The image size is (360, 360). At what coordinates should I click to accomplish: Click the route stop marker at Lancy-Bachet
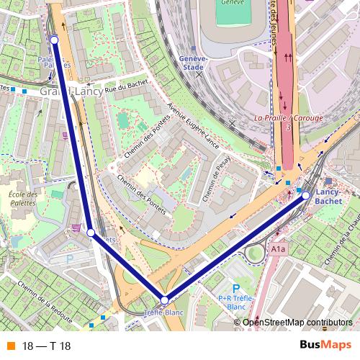point(305,195)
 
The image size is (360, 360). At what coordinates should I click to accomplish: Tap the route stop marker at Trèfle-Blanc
point(164,300)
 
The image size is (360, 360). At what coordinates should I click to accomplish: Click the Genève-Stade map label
point(192,63)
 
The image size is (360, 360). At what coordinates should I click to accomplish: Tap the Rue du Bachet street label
point(126,86)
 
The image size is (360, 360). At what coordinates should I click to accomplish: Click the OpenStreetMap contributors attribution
point(297,323)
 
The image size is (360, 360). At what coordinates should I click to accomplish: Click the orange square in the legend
point(10,346)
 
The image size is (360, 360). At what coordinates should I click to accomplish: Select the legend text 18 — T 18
point(47,346)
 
